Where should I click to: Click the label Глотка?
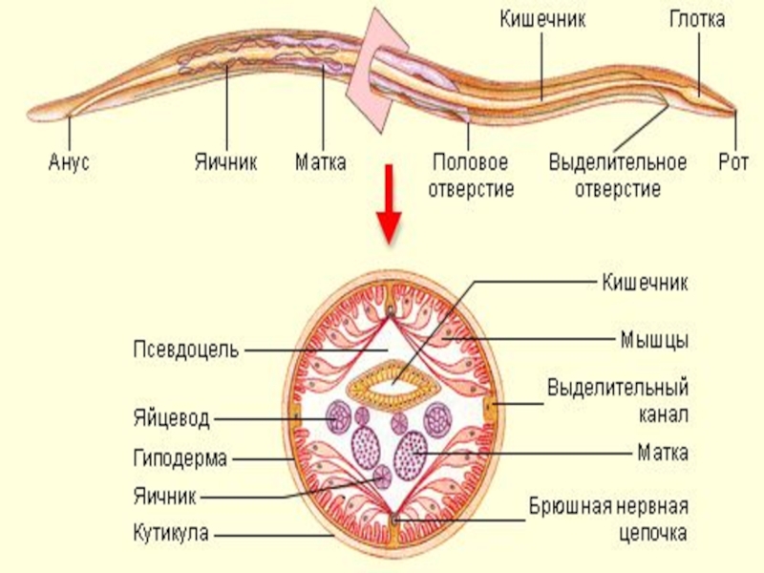click(696, 19)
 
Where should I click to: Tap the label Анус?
click(69, 162)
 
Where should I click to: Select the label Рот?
click(734, 162)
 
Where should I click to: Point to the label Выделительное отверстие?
click(617, 175)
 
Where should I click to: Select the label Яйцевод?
click(171, 418)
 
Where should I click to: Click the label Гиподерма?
click(180, 458)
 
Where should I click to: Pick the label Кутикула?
click(171, 532)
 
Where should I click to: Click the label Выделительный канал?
click(617, 401)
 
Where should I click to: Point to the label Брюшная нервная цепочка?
click(608, 518)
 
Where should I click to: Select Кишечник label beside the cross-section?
click(645, 282)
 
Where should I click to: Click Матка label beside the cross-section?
click(662, 451)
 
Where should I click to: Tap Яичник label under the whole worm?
click(226, 162)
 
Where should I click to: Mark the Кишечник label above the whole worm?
click(542, 19)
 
